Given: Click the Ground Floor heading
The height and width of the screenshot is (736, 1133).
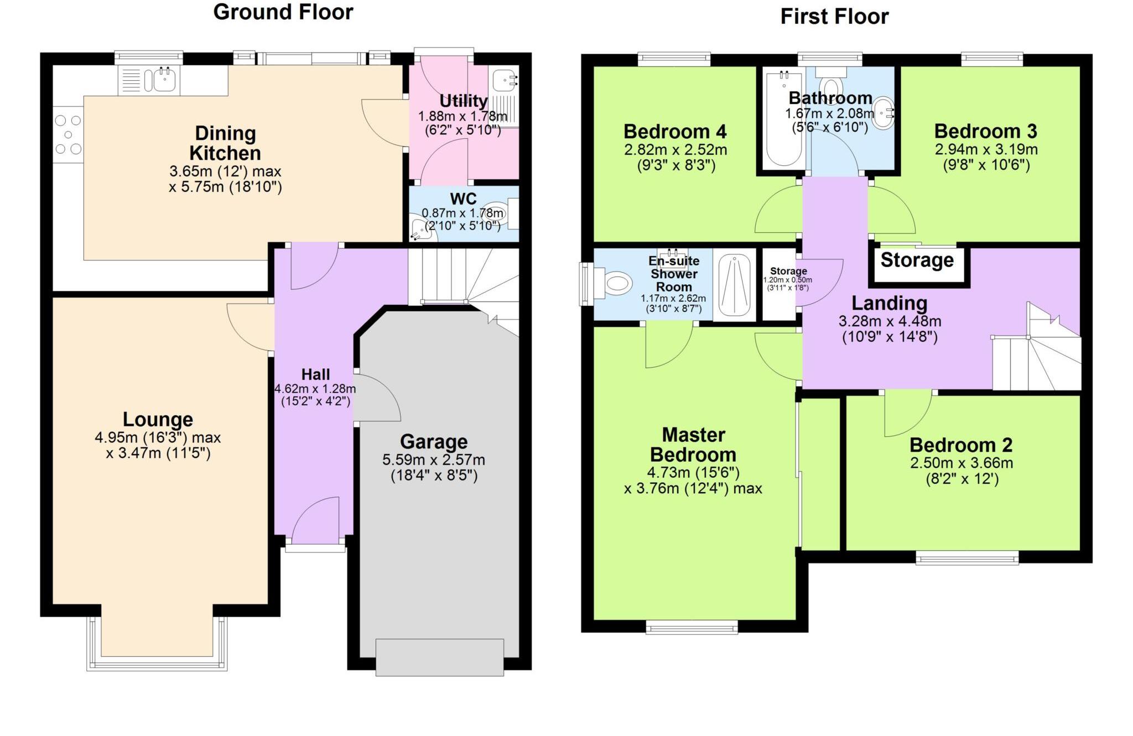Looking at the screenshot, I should click(x=283, y=12).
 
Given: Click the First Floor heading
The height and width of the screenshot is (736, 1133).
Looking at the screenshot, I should click(x=834, y=17).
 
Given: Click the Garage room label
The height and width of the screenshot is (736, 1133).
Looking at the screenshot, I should click(x=434, y=442).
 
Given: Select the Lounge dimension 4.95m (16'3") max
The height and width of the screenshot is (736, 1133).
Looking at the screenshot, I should click(x=158, y=437).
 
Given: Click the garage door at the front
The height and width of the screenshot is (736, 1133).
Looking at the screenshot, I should click(x=439, y=657).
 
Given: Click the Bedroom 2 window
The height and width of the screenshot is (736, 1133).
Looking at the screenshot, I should click(x=966, y=558).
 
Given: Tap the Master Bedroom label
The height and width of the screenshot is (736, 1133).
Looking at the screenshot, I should click(x=693, y=445).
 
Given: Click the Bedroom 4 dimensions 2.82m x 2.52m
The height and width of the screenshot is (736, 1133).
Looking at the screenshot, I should click(x=675, y=150).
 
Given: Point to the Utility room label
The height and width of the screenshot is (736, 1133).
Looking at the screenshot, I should click(x=463, y=101).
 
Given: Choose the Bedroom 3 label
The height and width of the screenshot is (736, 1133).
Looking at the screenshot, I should click(x=985, y=132).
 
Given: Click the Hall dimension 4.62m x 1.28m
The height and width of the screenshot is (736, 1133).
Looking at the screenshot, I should click(x=315, y=389).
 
